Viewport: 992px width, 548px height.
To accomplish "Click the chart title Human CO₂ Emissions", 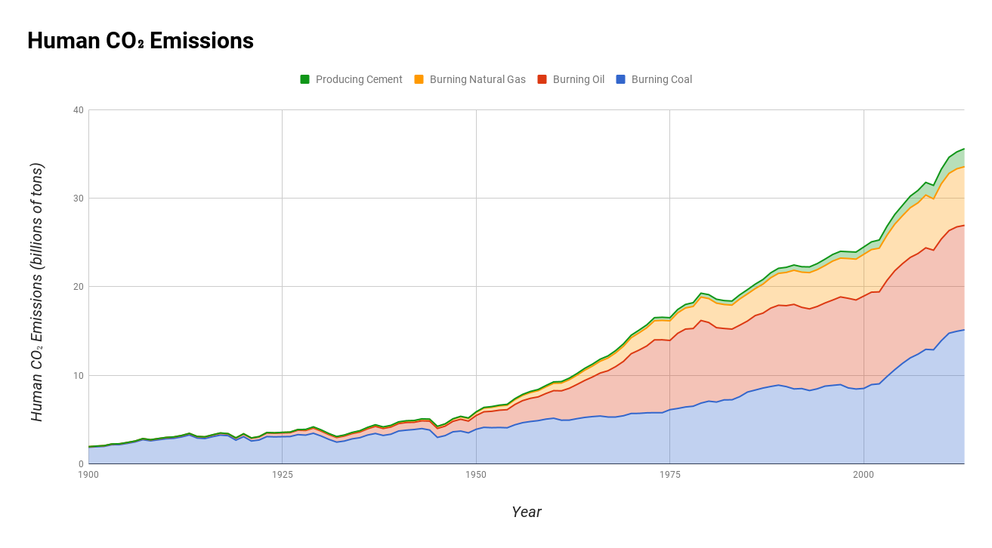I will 141,41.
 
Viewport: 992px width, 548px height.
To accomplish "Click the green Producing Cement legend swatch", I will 305,79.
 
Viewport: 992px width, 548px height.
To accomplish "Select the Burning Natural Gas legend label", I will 477,79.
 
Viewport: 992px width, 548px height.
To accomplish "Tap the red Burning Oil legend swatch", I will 542,79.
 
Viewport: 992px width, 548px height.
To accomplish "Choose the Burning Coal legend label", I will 661,79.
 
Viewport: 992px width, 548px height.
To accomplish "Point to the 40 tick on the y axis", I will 78,110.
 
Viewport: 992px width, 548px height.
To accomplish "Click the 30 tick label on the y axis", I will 78,199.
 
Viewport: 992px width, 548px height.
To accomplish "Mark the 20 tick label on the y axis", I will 78,287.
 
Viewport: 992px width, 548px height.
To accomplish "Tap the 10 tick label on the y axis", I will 78,376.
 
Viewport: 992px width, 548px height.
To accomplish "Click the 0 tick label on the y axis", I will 80,464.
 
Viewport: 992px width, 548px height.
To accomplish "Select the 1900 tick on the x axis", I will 88,475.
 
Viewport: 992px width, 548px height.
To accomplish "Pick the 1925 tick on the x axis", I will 282,475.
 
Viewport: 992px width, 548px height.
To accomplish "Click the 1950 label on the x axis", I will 476,475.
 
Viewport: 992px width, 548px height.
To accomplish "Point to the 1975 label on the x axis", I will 669,475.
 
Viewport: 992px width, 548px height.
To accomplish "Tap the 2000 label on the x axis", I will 864,475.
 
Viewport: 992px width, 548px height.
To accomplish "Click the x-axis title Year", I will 526,512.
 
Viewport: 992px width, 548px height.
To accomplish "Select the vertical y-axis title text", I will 37,292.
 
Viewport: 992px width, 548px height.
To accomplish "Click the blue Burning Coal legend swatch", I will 621,79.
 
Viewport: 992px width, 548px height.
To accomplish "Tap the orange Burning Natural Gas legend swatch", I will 419,79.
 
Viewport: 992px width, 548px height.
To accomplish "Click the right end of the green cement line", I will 964,149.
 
